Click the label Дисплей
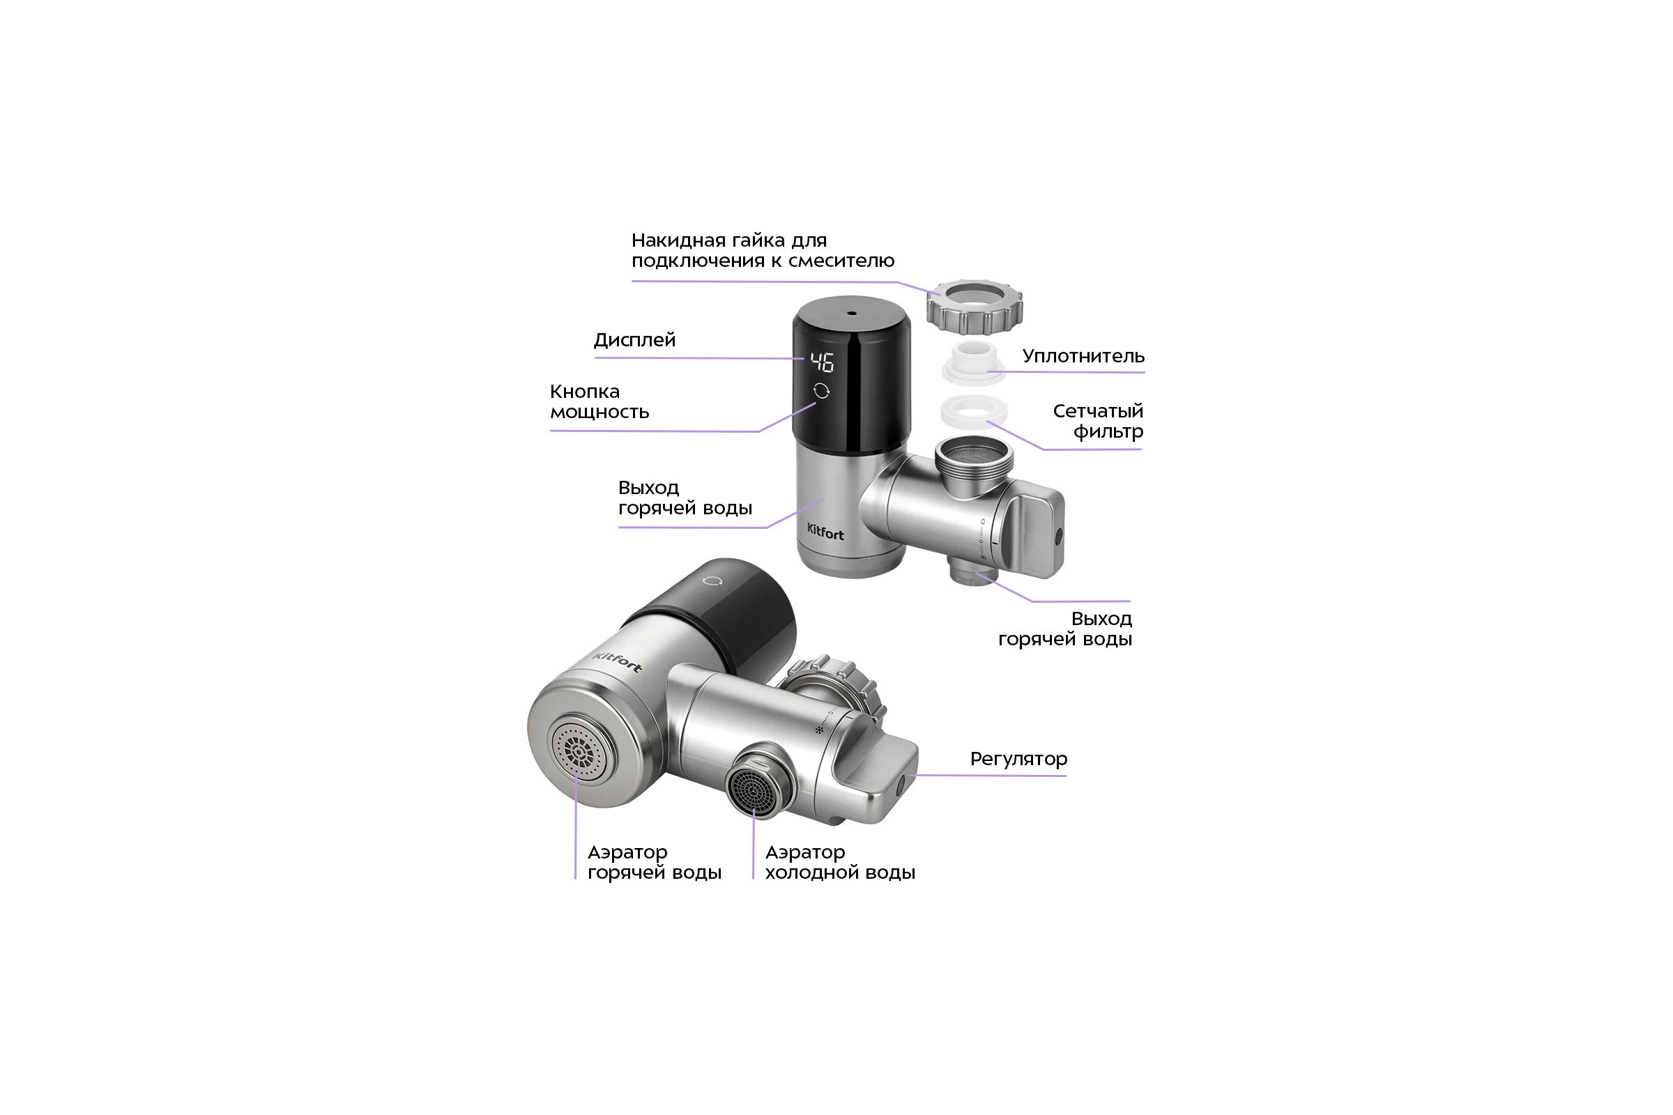pyautogui.click(x=634, y=340)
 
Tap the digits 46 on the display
pyautogui.click(x=823, y=362)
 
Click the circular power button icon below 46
pyautogui.click(x=822, y=391)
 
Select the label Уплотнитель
pyautogui.click(x=1083, y=356)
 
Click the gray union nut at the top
pyautogui.click(x=975, y=306)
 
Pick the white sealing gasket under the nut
pyautogui.click(x=975, y=362)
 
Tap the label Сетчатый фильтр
pyautogui.click(x=1099, y=421)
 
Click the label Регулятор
pyautogui.click(x=1018, y=759)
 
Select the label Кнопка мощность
pyautogui.click(x=599, y=402)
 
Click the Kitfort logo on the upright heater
pyautogui.click(x=826, y=532)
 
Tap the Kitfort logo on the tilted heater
pyautogui.click(x=618, y=661)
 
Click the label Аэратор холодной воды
pyautogui.click(x=840, y=863)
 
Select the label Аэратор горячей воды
pyautogui.click(x=655, y=863)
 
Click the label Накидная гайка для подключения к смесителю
pyautogui.click(x=763, y=250)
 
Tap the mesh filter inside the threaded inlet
pyautogui.click(x=973, y=453)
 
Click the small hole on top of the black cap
pyautogui.click(x=851, y=313)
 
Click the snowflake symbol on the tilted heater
pyautogui.click(x=818, y=730)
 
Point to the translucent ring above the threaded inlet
pyautogui.click(x=974, y=410)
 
